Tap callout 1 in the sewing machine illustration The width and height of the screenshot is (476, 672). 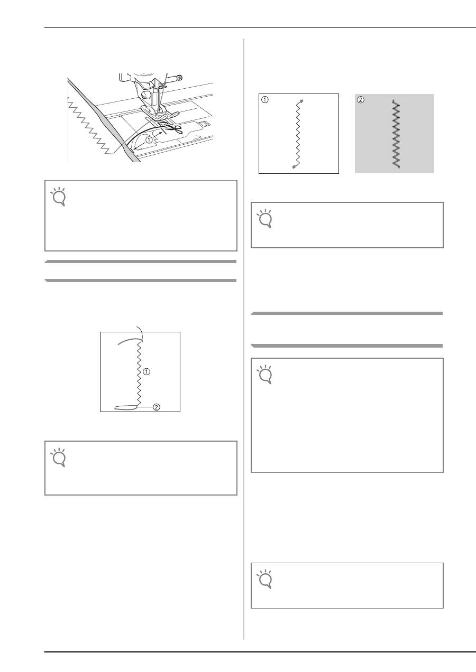point(150,141)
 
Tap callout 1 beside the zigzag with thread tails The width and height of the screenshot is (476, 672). point(147,372)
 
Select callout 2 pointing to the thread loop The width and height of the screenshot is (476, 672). point(157,407)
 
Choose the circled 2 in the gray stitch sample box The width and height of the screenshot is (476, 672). point(361,100)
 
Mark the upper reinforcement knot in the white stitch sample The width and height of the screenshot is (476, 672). point(301,100)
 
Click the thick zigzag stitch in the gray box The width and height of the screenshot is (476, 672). point(396,134)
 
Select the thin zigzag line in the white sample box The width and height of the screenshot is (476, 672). point(297,134)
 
